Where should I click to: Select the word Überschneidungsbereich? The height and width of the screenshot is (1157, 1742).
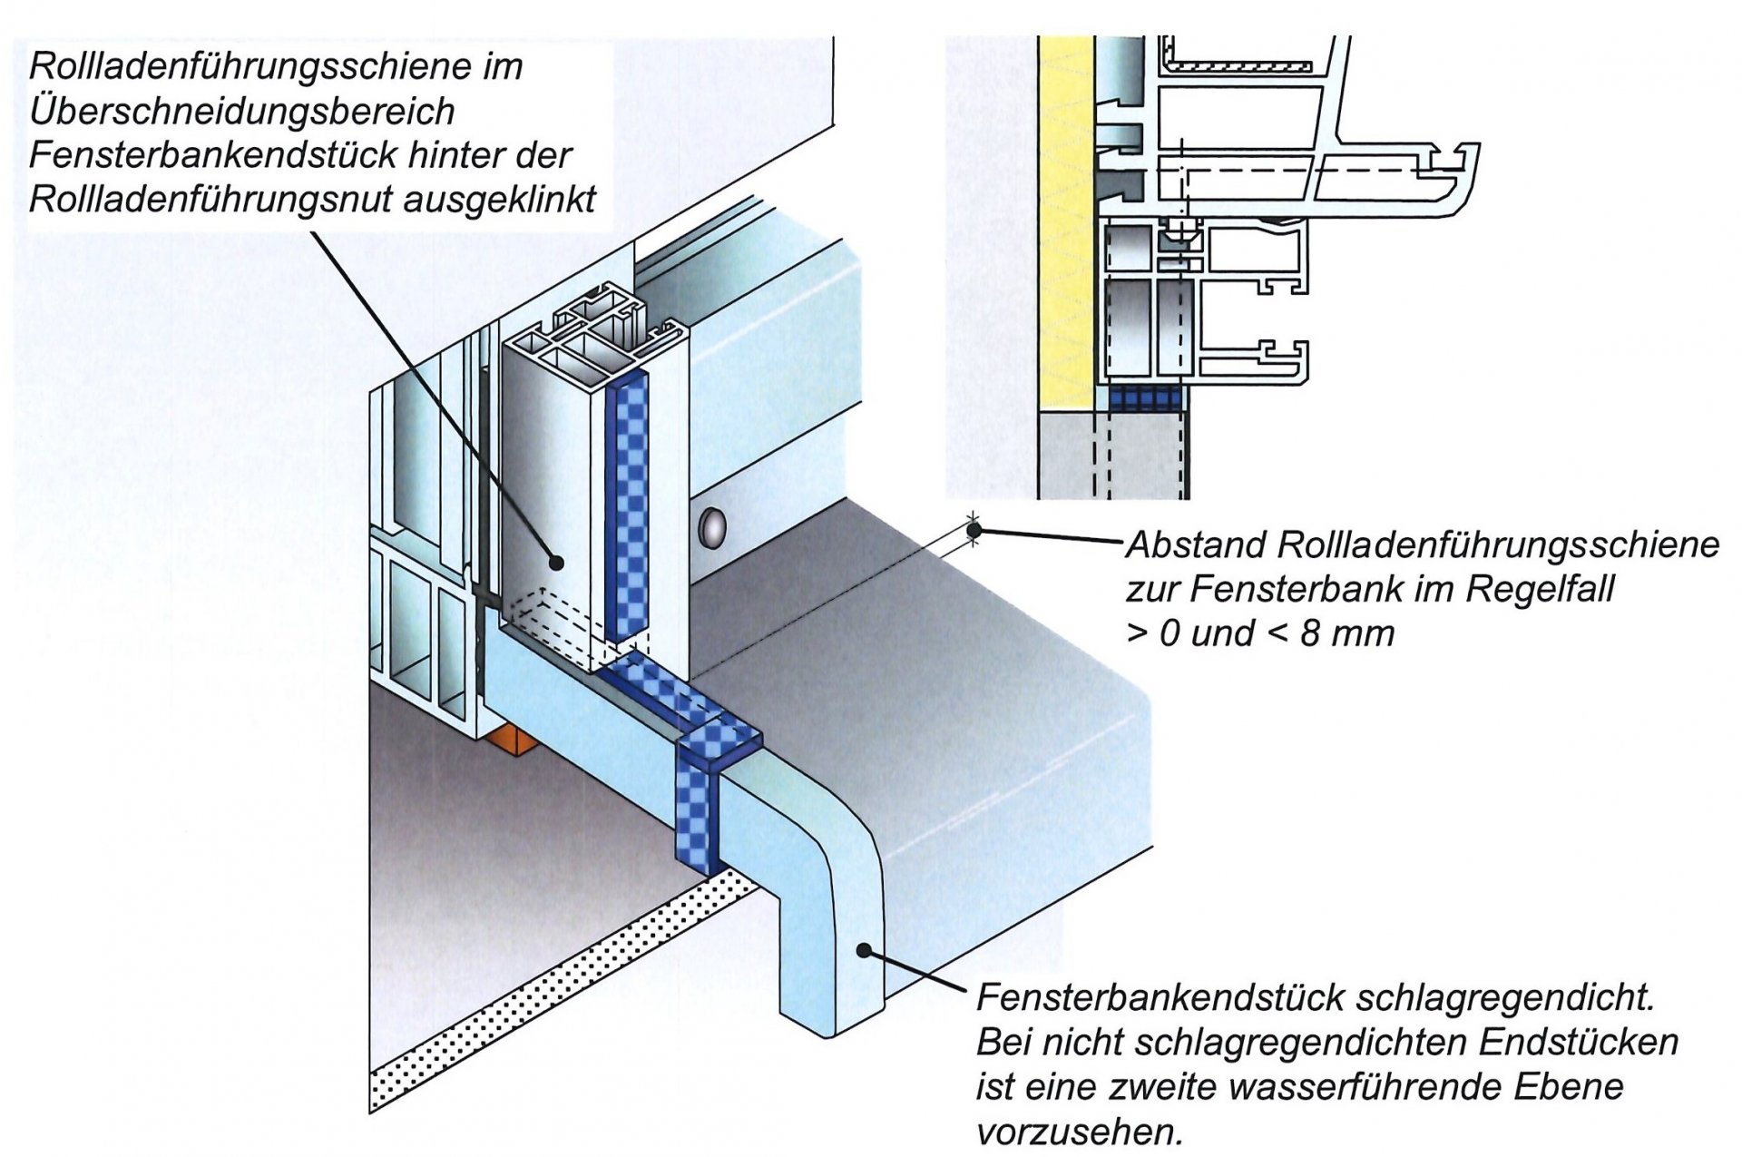[x=241, y=112]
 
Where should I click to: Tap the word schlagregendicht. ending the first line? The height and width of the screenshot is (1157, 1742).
[x=1505, y=998]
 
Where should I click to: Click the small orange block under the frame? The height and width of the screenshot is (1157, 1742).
[x=512, y=741]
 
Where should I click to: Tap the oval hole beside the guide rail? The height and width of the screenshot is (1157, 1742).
[x=713, y=528]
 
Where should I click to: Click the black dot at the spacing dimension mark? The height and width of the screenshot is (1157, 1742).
[x=974, y=530]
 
